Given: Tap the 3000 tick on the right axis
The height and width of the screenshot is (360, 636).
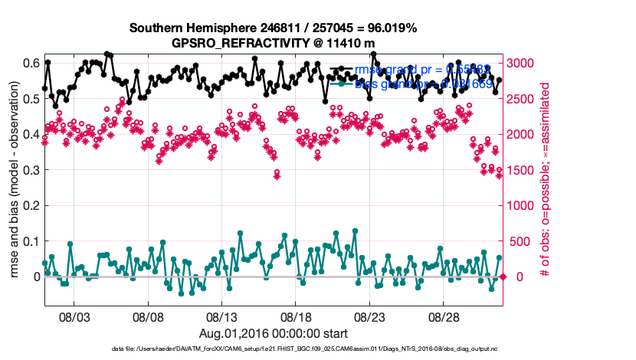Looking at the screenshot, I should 524,62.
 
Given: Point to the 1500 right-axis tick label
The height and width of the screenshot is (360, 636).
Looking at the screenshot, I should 524,169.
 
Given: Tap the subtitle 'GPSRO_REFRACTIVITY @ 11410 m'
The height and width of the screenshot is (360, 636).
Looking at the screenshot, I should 274,43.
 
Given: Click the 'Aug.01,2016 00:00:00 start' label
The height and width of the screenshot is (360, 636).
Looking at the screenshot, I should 274,333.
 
